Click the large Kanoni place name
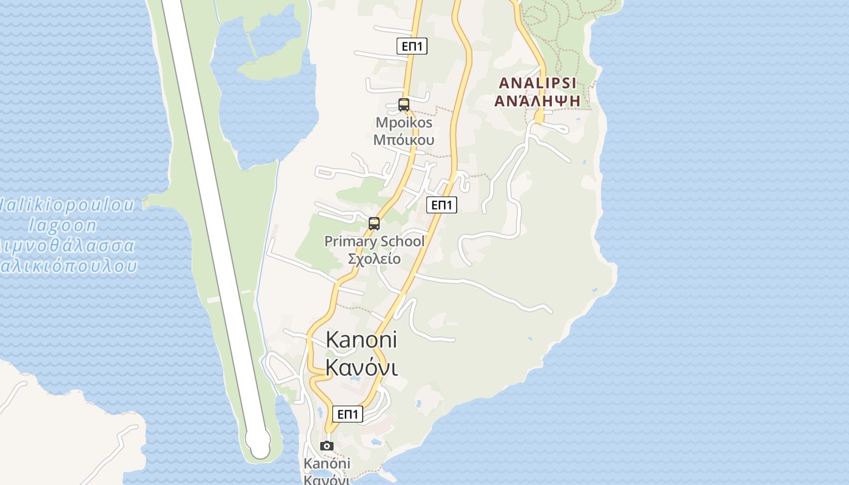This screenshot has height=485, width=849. [x=361, y=339]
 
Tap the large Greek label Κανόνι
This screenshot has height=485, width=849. [x=361, y=367]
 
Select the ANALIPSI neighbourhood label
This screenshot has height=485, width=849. [x=537, y=83]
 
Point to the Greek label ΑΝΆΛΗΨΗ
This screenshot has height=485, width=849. [x=537, y=101]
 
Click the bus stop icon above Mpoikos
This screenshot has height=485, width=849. [x=404, y=104]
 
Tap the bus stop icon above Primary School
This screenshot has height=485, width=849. [x=374, y=224]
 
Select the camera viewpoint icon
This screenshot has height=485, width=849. [x=327, y=446]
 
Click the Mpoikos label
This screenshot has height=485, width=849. [x=404, y=122]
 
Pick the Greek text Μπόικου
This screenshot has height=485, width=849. [x=404, y=140]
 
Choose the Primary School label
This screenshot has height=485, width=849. [x=374, y=241]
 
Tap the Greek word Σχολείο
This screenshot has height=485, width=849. [x=374, y=259]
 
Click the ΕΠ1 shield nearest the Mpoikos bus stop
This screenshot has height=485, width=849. [x=412, y=46]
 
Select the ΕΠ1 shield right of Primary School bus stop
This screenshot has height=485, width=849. [x=441, y=205]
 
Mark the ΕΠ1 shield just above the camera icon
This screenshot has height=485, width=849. [x=347, y=414]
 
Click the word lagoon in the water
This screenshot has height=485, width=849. [x=63, y=226]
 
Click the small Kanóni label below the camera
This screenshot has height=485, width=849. [x=327, y=464]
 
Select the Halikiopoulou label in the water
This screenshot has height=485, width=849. [x=67, y=205]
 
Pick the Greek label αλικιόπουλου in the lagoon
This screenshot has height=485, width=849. [x=68, y=266]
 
